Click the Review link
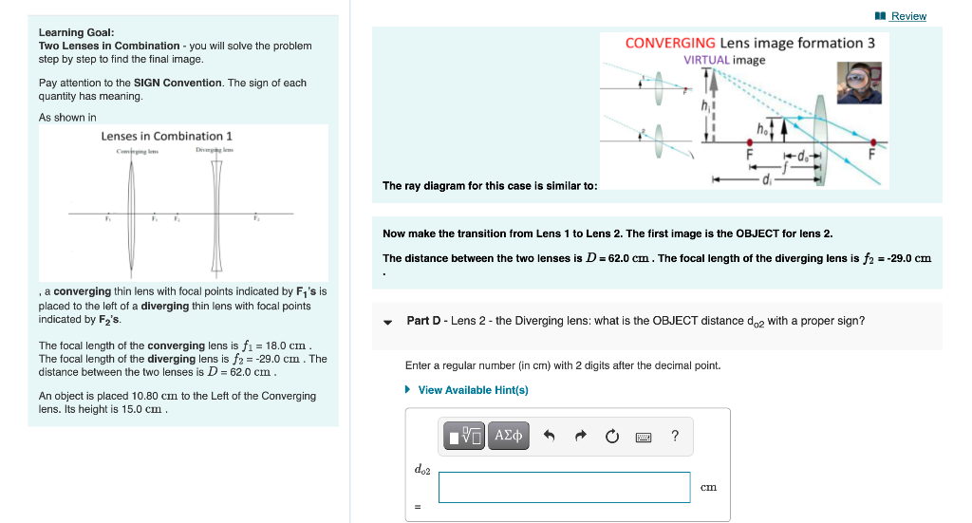(x=907, y=16)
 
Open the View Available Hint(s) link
(x=473, y=390)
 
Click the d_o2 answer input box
(x=564, y=487)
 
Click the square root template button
(x=464, y=436)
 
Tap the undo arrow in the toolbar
(x=549, y=437)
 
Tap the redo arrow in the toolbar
(x=581, y=437)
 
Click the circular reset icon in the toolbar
(x=612, y=437)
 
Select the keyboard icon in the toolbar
(x=644, y=437)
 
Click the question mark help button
(x=675, y=437)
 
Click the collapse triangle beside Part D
(x=388, y=322)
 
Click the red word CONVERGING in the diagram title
(x=670, y=43)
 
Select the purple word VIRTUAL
(x=706, y=60)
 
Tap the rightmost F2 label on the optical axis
(x=254, y=220)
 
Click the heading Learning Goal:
(x=76, y=32)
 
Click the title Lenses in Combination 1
(x=166, y=136)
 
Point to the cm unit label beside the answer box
(x=708, y=488)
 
